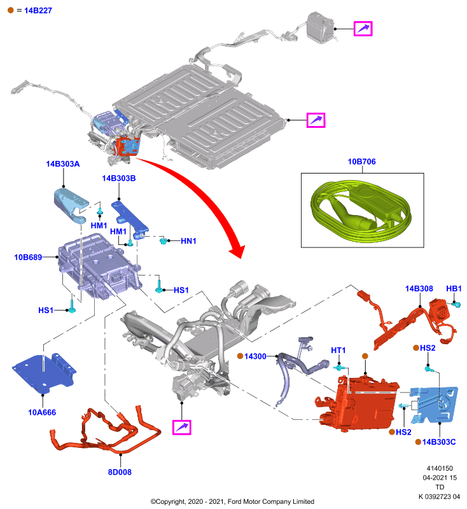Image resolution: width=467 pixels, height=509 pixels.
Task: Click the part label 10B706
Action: pos(361,162)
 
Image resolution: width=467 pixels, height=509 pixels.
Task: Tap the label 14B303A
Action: pos(62,164)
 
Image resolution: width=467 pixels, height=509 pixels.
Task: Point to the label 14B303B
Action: pos(119,178)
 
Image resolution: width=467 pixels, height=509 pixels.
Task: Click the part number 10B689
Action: pos(28,258)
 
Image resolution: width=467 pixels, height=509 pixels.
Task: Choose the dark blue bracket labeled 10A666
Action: pos(43,373)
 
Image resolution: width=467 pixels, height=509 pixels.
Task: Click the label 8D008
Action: pos(120,472)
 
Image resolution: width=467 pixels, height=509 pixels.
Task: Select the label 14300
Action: pos(255,356)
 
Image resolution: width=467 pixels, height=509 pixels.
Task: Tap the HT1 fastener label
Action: pos(338,351)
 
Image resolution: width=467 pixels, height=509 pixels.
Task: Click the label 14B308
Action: pos(419,289)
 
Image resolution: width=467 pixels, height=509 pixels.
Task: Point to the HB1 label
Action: pos(454,289)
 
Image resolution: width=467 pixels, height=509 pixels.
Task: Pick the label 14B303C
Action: pos(439,442)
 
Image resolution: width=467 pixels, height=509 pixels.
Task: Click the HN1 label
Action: pos(188,241)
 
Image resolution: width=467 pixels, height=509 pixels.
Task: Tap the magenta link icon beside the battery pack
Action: pos(316,120)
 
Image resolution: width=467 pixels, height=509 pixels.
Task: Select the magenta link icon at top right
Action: pos(363,29)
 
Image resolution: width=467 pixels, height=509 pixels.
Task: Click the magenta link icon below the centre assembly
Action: pos(182,427)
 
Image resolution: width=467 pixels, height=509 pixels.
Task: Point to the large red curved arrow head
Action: pos(237,251)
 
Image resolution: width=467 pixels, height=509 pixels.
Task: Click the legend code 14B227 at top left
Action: pos(38,11)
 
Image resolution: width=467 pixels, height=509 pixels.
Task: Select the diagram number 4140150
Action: pos(440,468)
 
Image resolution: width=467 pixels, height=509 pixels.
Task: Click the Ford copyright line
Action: pos(232,501)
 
